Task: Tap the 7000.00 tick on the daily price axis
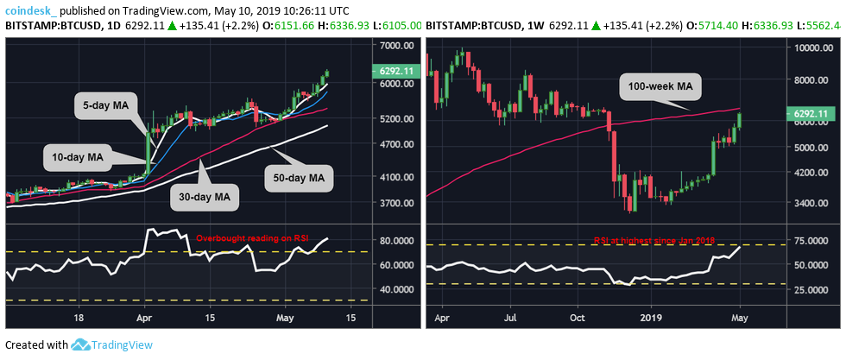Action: pyautogui.click(x=395, y=45)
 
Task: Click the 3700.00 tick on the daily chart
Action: pyautogui.click(x=395, y=204)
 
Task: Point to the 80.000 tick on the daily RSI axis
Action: pyautogui.click(x=395, y=241)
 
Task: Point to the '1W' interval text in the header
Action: pyautogui.click(x=521, y=27)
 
